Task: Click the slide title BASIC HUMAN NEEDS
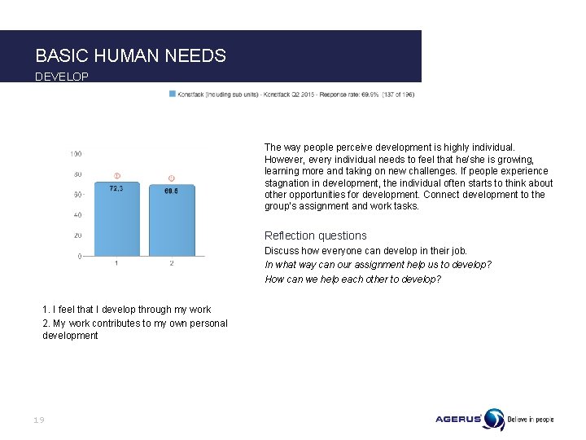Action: [130, 55]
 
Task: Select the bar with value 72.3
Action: [116, 220]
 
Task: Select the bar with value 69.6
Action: [171, 222]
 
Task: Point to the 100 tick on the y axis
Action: [76, 153]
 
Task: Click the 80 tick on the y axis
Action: [77, 174]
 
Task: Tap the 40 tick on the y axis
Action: [77, 215]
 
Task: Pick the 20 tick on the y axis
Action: [77, 236]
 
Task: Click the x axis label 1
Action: [116, 263]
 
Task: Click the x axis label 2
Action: [171, 263]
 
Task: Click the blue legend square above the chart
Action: [172, 94]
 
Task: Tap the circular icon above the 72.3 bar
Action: [116, 176]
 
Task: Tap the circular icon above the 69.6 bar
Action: [171, 178]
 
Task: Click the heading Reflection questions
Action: [315, 235]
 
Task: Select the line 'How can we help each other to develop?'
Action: [352, 279]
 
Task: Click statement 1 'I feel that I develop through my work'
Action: [126, 310]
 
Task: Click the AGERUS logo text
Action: [458, 420]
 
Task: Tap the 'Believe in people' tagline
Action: [530, 420]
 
